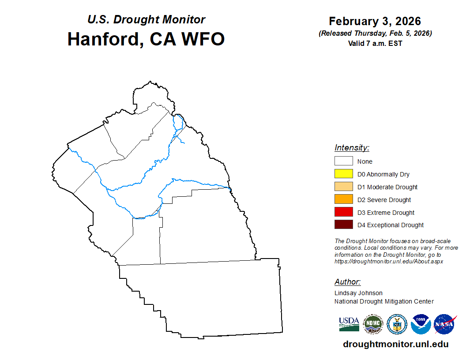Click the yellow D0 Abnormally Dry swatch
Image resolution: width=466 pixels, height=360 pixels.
click(x=344, y=173)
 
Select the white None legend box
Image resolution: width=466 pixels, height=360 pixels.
click(x=344, y=161)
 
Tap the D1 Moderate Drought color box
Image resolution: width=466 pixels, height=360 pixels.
click(x=344, y=186)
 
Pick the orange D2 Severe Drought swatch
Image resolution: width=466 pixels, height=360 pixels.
click(x=344, y=199)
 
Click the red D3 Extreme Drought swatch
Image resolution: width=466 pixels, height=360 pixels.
click(x=344, y=212)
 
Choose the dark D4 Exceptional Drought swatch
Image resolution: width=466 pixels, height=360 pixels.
click(x=344, y=224)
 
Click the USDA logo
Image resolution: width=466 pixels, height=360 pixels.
click(x=349, y=324)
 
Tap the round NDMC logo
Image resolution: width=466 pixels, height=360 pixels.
click(x=373, y=324)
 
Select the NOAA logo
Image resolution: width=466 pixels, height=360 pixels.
click(x=421, y=324)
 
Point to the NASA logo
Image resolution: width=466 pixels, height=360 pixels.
click(x=445, y=324)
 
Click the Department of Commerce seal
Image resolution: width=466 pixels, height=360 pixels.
click(x=397, y=324)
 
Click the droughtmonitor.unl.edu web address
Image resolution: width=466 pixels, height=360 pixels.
click(x=395, y=344)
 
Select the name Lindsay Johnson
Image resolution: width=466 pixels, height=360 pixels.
click(x=358, y=293)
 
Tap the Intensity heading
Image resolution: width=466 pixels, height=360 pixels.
click(x=352, y=148)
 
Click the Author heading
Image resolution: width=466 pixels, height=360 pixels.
click(x=347, y=281)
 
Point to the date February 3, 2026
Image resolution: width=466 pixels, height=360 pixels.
click(x=375, y=21)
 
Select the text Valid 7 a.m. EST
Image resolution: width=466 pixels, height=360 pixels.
click(x=375, y=43)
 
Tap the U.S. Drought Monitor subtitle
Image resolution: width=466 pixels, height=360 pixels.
click(x=146, y=19)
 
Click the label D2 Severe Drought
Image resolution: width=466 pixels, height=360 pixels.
click(x=384, y=200)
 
